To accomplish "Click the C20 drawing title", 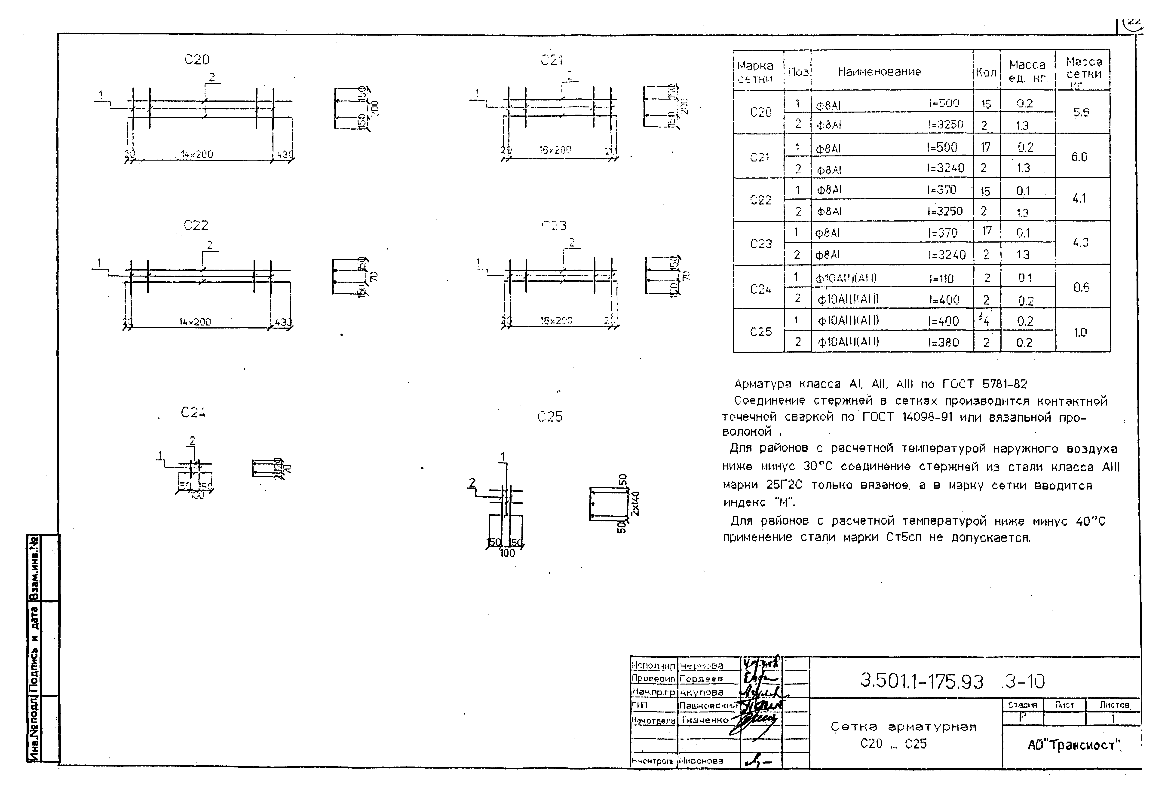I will click(197, 60).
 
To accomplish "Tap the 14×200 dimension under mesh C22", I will click(195, 321).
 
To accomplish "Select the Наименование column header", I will click(879, 72).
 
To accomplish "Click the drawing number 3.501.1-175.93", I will click(922, 681).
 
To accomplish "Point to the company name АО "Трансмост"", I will click(1073, 745).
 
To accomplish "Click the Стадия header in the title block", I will click(1022, 705).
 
